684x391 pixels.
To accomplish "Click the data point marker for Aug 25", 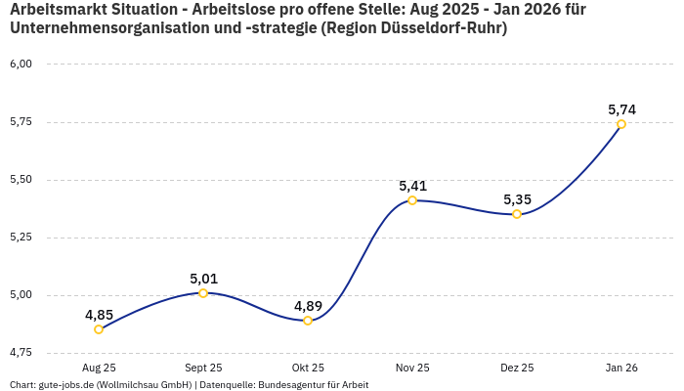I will coord(99,329).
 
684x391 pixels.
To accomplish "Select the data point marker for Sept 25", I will coord(203,293).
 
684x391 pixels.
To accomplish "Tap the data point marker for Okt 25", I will coord(308,321).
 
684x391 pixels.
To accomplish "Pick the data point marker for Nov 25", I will coord(412,200).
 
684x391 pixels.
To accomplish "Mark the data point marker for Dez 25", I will coord(517,214).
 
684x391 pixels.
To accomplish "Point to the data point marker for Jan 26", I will coord(621,124).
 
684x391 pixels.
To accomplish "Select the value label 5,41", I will coord(412,186).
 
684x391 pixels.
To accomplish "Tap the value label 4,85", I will coord(99,315).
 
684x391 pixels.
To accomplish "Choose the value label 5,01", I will coord(203,279).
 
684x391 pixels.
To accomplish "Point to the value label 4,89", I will coord(308,306).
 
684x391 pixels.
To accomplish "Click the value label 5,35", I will coord(517,199).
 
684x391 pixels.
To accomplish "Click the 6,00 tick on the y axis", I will coord(21,65).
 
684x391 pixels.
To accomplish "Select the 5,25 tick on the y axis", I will coord(21,238).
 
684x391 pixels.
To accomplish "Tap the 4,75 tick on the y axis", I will coord(21,353).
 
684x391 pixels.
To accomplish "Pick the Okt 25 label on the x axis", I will coord(308,368).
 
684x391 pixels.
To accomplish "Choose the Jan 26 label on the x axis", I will coord(621,368).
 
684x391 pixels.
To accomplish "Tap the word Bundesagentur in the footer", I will coord(288,385).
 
